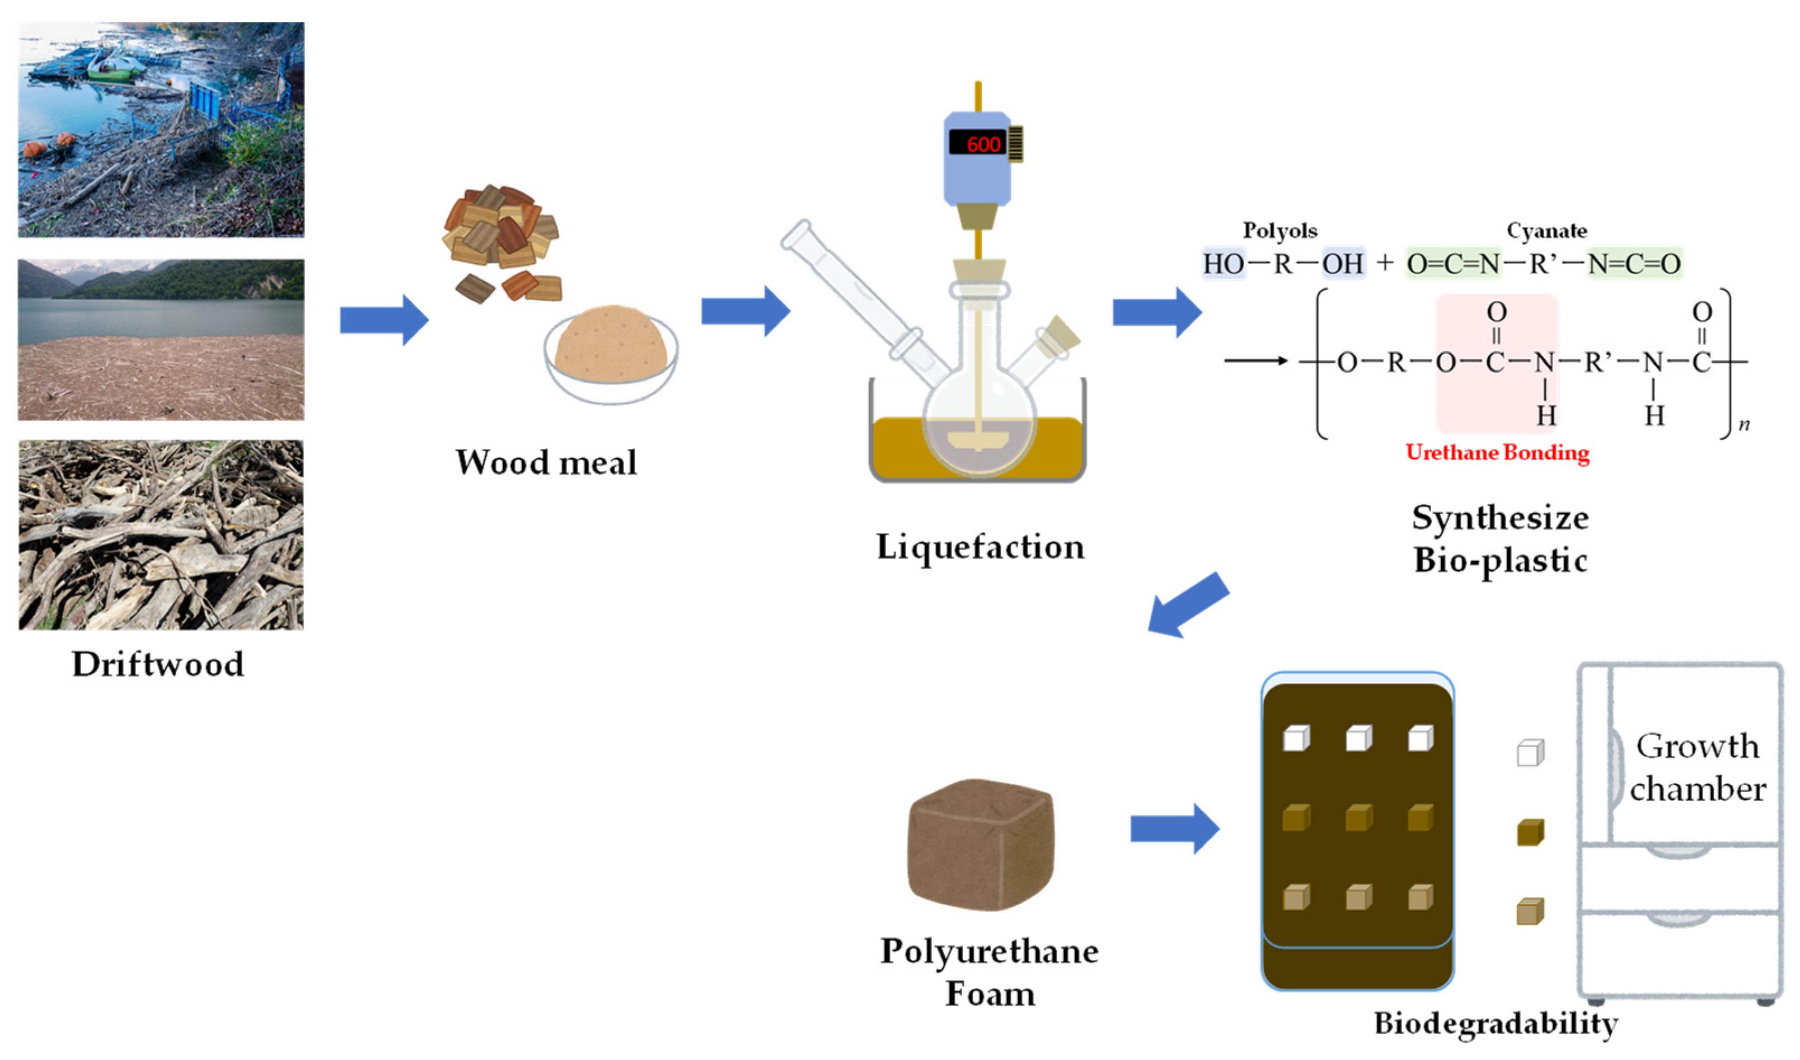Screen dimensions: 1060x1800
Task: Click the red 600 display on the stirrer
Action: (982, 144)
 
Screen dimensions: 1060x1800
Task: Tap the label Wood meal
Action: (546, 462)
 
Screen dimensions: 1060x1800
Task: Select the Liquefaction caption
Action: (980, 547)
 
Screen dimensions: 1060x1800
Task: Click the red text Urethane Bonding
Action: (1497, 453)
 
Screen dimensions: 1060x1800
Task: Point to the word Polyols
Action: (1280, 231)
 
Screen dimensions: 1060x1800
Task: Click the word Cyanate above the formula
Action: (1546, 231)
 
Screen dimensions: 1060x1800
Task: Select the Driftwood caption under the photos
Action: (158, 664)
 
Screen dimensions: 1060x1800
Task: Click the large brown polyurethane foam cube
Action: (980, 845)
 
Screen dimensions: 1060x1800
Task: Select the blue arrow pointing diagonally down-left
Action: (1188, 605)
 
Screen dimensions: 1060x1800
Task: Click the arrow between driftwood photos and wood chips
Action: (383, 319)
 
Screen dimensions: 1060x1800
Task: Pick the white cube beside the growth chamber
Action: (1530, 753)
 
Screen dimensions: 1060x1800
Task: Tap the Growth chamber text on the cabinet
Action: (1696, 768)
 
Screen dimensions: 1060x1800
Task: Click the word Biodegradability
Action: (1496, 1024)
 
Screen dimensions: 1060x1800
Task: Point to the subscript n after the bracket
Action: (1744, 424)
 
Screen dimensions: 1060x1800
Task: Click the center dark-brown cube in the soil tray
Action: (1358, 818)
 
